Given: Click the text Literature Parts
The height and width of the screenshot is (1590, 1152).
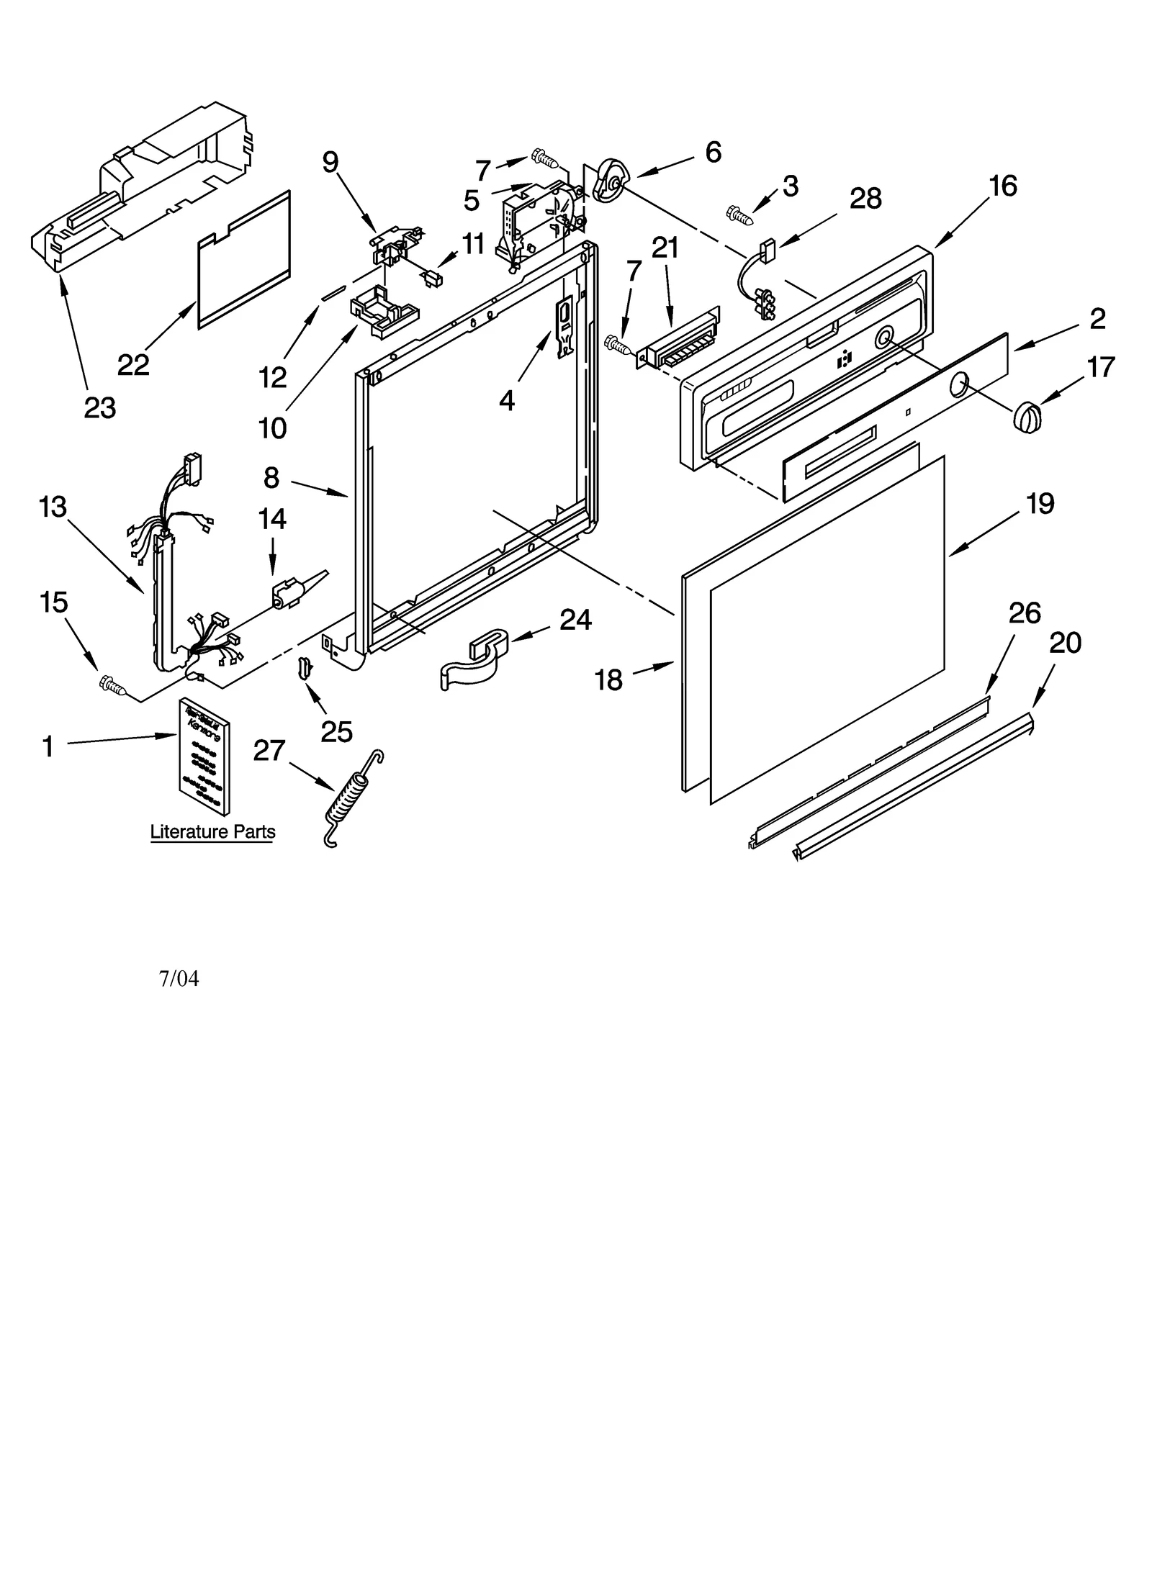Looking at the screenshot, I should pos(212,832).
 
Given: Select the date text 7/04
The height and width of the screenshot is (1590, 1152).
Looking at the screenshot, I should pos(179,979).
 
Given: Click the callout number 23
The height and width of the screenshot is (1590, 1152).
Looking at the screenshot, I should pos(100,408).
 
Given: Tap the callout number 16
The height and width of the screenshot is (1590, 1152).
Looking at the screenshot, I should pos(1003,186).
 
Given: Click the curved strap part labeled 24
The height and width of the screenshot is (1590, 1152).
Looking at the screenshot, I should pos(475,659).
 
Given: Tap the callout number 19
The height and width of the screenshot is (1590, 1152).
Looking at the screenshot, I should pos(1040,503).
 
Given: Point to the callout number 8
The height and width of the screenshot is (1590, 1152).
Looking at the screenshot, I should pos(271,477).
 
